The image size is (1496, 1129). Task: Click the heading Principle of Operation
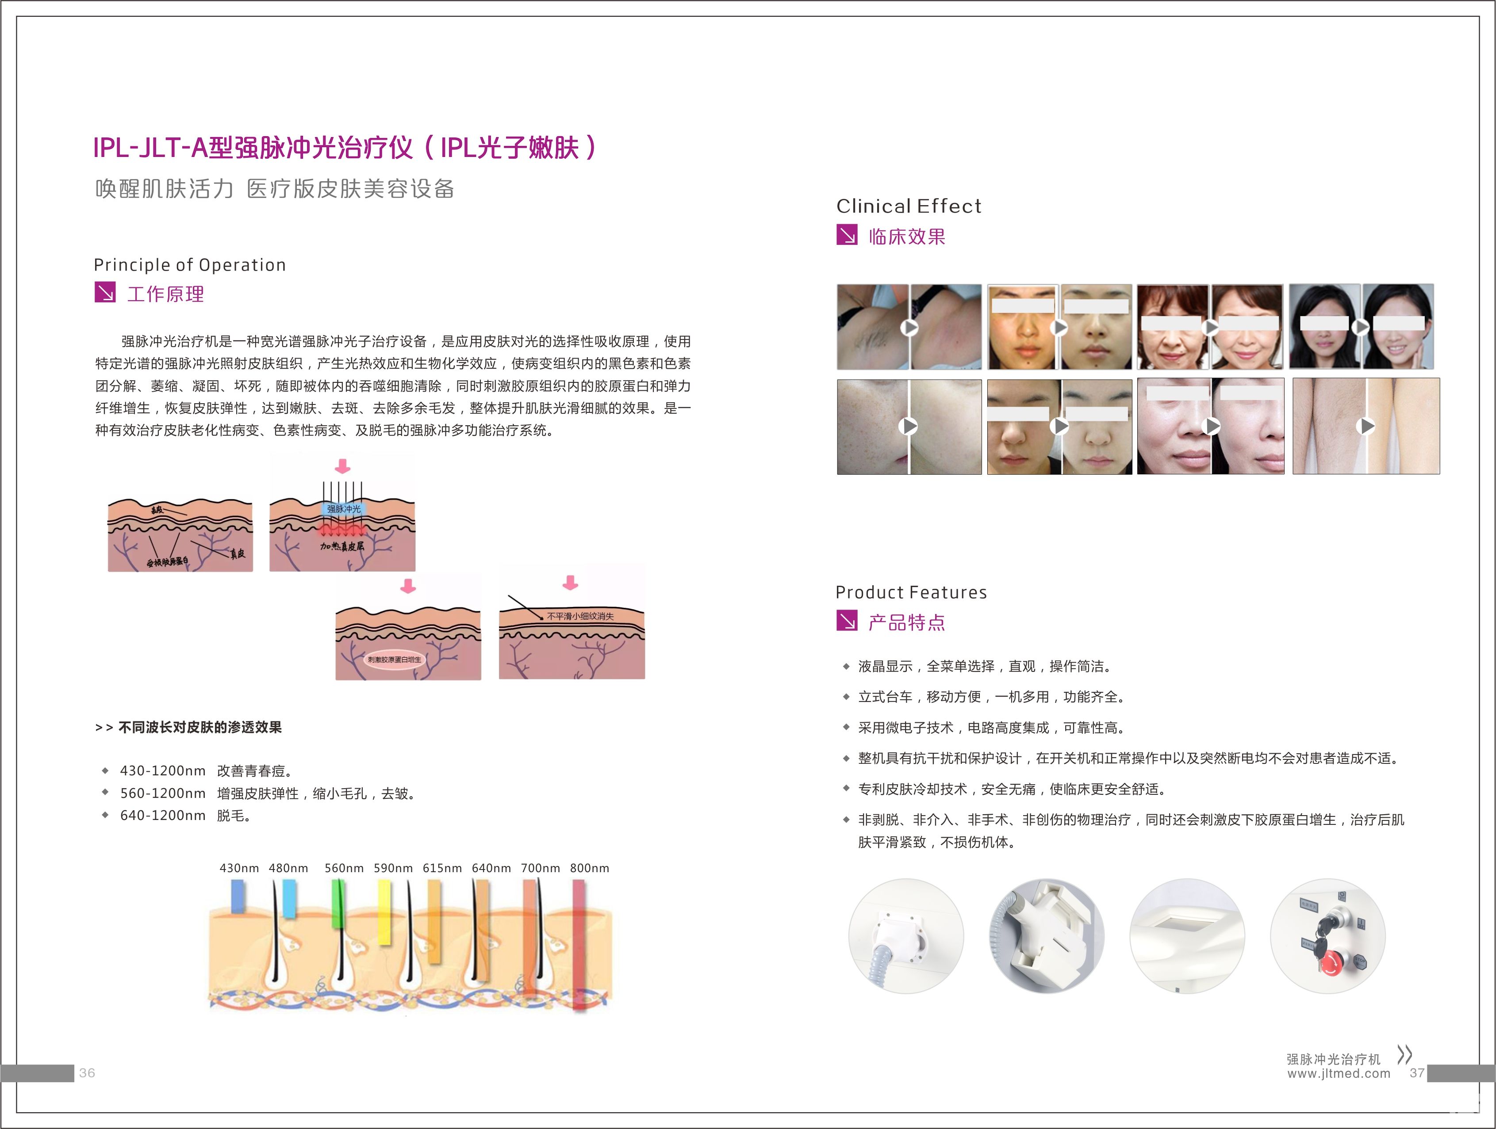(x=189, y=265)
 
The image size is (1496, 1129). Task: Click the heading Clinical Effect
(x=908, y=206)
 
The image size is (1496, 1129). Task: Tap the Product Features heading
(x=911, y=592)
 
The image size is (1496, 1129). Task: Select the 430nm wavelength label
(x=239, y=868)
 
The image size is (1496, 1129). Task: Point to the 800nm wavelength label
(x=589, y=868)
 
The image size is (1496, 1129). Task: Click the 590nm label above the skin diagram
(x=393, y=868)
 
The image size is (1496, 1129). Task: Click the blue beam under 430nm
(x=238, y=896)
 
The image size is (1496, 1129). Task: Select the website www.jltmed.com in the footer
(x=1339, y=1074)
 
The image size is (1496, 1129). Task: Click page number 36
(x=87, y=1073)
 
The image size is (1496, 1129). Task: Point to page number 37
(x=1417, y=1073)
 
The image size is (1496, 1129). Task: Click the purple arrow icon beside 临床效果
(x=847, y=235)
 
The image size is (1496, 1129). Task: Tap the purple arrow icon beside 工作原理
(x=105, y=293)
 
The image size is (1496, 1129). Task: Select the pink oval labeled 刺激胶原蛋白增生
(x=394, y=659)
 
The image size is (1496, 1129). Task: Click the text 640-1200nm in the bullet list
(x=163, y=815)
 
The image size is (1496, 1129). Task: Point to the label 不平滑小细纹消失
(x=580, y=616)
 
